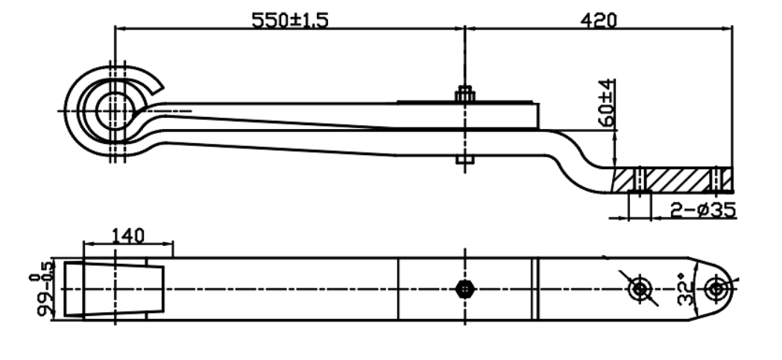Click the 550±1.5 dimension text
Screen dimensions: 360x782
(x=290, y=20)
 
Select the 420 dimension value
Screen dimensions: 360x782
(x=599, y=20)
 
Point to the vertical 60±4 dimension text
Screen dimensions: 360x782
(x=607, y=102)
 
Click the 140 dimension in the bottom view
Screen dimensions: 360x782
(x=128, y=236)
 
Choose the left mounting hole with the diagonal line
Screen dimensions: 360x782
(x=638, y=289)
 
